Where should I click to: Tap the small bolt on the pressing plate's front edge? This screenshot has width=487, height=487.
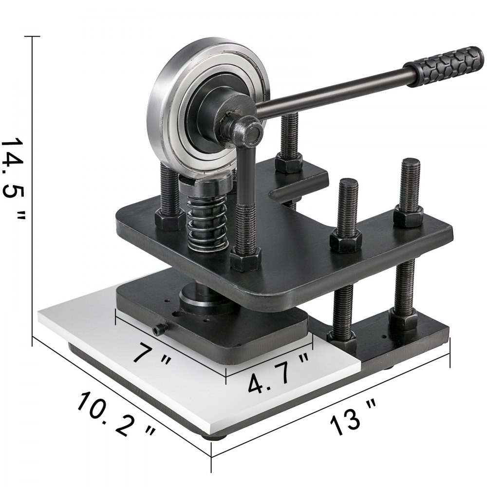pos(157,331)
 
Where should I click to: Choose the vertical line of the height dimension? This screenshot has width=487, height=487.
pos(33,190)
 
